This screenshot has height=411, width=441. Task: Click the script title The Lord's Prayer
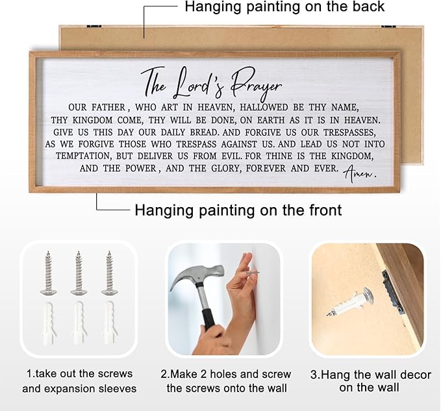coord(211,84)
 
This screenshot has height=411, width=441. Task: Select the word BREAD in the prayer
coord(204,132)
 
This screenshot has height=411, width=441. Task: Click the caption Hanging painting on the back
coord(284,6)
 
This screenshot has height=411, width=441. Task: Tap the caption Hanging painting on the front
coord(238,210)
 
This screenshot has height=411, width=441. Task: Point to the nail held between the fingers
coord(253,273)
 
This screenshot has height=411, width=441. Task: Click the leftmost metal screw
coord(48,273)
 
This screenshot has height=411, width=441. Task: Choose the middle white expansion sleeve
coord(79,323)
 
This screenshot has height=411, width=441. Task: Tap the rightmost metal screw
coord(109,273)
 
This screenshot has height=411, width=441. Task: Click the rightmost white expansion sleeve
coord(109,323)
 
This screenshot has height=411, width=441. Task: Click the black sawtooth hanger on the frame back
coord(392,292)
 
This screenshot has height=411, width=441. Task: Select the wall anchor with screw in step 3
coord(351,302)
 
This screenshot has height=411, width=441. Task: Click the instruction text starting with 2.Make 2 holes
coord(226,381)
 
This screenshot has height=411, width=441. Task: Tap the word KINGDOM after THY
coord(92,120)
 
